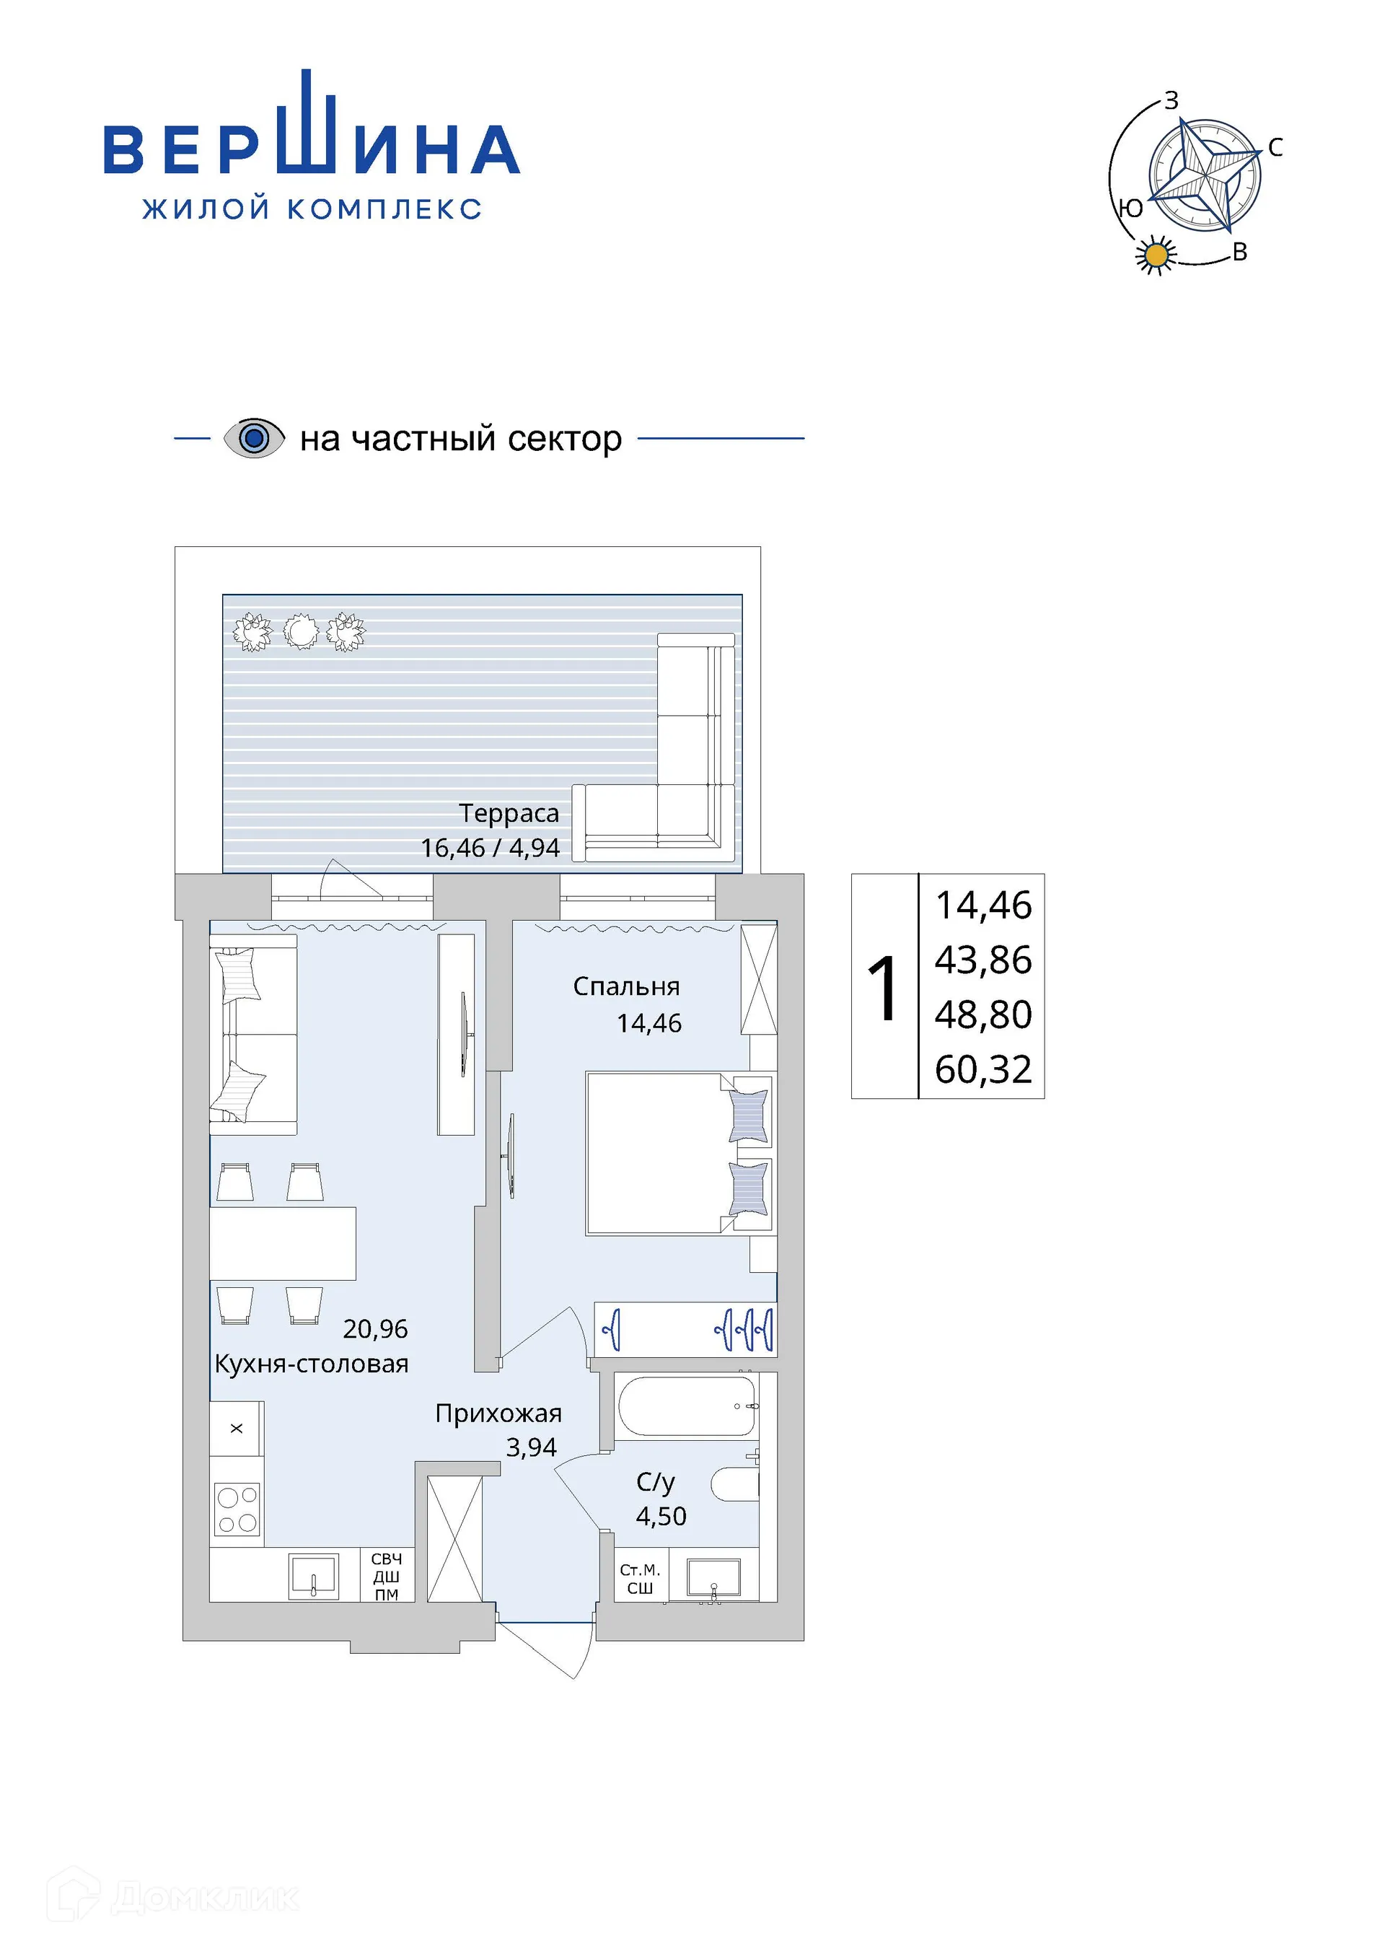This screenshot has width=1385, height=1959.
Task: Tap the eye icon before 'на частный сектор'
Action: [254, 439]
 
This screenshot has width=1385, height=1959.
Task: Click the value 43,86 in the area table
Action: [983, 960]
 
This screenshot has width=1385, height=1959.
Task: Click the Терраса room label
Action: [509, 813]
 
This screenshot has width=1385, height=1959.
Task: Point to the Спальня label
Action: [626, 986]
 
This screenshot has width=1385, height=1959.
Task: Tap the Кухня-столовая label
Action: [312, 1364]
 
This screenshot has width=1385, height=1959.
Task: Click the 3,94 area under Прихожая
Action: [532, 1447]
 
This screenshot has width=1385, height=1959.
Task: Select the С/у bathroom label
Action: [655, 1481]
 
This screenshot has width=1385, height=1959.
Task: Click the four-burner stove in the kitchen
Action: [237, 1509]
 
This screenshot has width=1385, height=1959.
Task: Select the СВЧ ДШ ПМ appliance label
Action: [387, 1577]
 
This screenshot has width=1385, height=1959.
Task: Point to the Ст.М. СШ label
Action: [640, 1579]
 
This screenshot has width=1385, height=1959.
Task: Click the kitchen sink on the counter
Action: [314, 1574]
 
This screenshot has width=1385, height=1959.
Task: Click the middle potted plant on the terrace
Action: [299, 632]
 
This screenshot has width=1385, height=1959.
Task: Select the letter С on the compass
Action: [1275, 148]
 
